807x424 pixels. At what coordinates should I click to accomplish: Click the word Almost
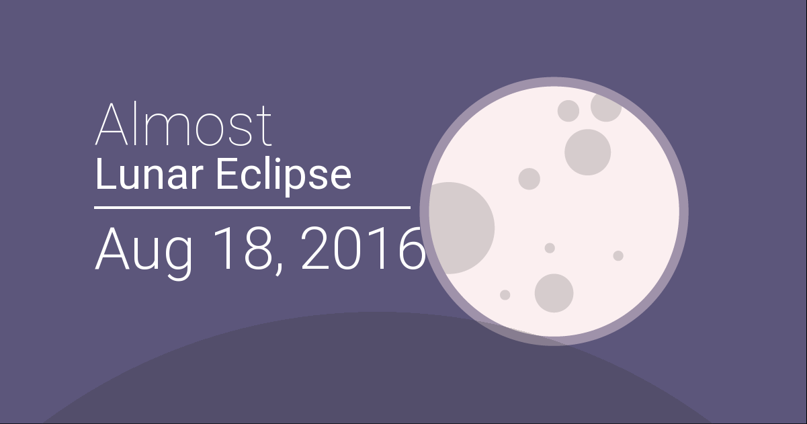click(183, 124)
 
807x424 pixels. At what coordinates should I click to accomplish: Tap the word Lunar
click(148, 175)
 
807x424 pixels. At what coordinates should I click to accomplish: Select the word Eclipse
click(284, 177)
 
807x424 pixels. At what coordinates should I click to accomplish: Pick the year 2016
click(363, 249)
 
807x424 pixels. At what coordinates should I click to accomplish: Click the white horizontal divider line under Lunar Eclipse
click(252, 208)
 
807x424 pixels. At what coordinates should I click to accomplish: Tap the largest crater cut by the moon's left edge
click(462, 228)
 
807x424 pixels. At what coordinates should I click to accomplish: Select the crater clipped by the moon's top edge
click(606, 108)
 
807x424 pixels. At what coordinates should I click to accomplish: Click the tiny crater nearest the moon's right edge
click(618, 256)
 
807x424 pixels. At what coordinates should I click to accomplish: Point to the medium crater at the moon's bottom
click(554, 293)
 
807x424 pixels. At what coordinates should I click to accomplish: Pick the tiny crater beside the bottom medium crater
click(505, 295)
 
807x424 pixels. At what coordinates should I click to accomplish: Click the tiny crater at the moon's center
click(550, 248)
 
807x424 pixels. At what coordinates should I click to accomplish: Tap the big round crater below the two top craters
click(587, 153)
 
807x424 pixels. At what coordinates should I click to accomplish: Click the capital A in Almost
click(112, 124)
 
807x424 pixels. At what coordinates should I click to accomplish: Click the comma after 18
click(278, 270)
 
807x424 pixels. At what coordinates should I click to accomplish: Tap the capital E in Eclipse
click(226, 175)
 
